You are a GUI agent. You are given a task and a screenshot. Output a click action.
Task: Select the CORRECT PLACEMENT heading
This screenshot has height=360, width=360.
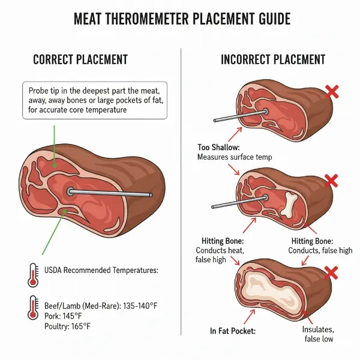click(80, 59)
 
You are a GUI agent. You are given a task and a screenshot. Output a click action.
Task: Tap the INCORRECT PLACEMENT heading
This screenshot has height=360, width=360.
click(273, 59)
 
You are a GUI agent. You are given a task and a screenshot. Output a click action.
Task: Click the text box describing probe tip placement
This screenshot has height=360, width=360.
click(94, 100)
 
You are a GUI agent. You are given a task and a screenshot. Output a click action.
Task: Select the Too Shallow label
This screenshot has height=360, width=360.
click(219, 147)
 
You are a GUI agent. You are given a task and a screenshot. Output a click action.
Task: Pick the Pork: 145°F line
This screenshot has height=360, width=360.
click(66, 316)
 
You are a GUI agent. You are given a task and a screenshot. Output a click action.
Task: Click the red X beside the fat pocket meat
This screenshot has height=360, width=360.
click(331, 273)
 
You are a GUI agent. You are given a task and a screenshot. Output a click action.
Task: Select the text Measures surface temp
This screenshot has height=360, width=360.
click(235, 157)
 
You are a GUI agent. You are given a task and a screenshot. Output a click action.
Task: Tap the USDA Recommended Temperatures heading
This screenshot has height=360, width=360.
click(101, 271)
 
